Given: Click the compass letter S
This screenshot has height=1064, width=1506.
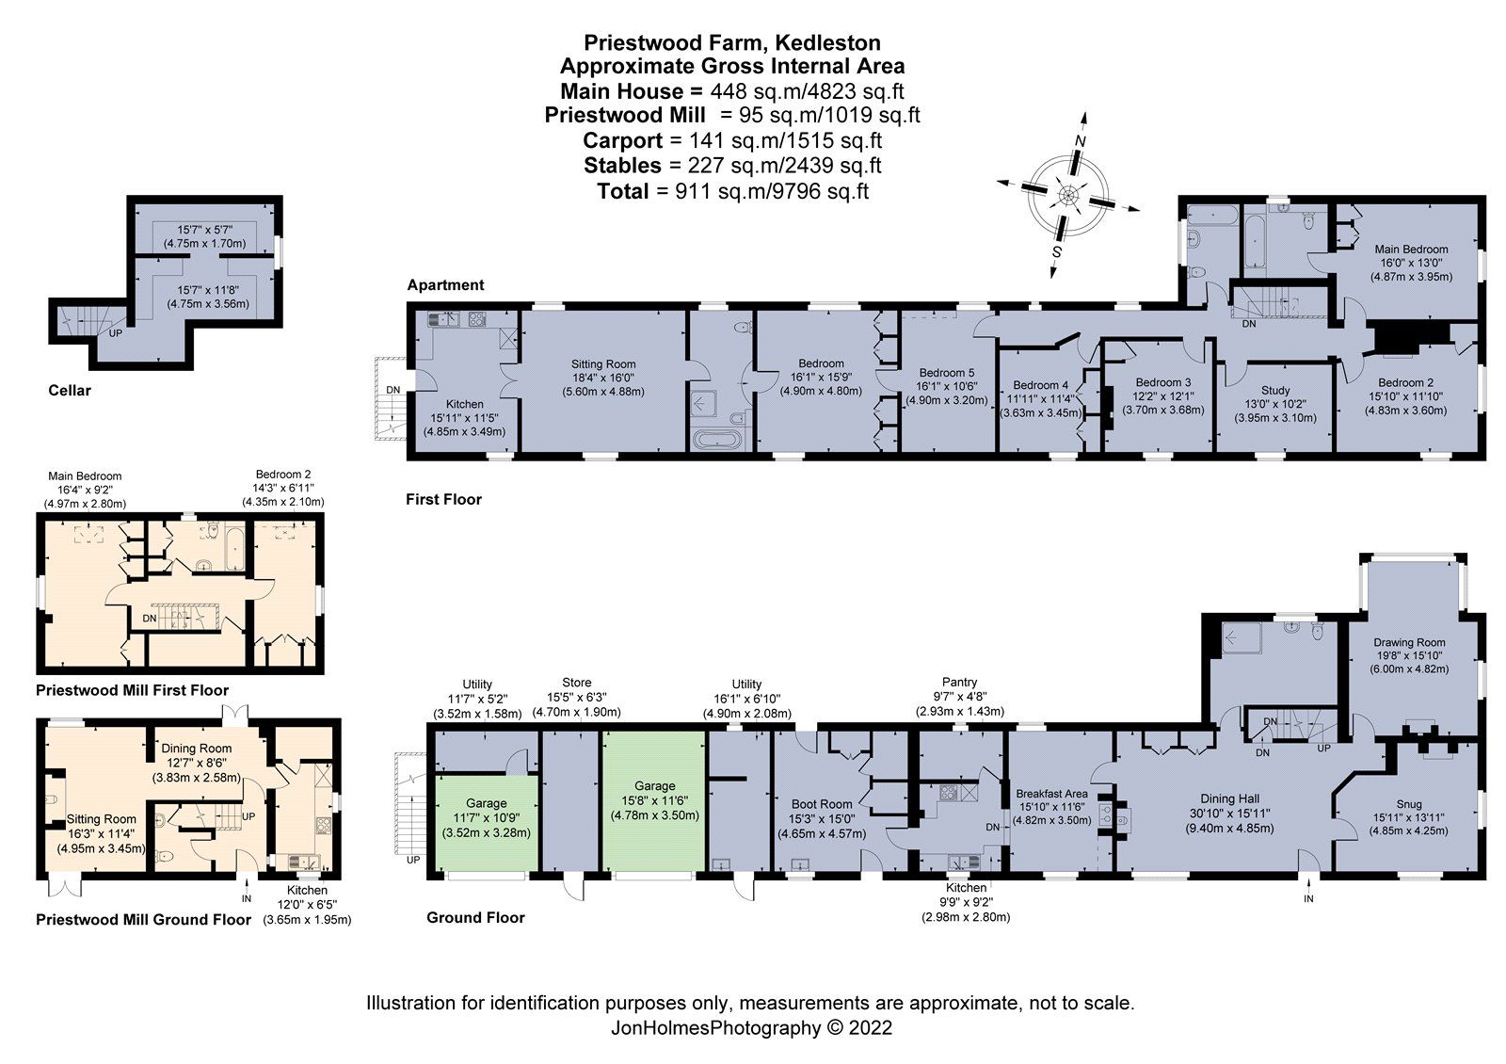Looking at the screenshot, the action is pos(1057,251).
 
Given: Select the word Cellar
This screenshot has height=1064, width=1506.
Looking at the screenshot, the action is pos(70,390).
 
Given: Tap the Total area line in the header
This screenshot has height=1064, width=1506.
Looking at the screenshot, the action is pos(733,191).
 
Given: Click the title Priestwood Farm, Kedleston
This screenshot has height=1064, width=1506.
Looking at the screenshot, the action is pos(732,42).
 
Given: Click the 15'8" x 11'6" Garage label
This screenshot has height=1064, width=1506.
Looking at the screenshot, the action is pos(655,800).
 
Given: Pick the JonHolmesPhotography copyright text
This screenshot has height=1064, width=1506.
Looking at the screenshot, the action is pos(751,1027).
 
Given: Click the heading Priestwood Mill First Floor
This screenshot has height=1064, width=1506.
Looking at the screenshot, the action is pos(132,690).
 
